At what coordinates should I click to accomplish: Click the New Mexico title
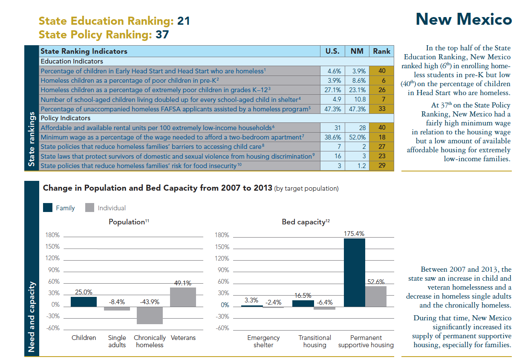click(463, 20)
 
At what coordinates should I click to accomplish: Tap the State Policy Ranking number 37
click(162, 35)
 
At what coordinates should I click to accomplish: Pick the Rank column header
click(381, 51)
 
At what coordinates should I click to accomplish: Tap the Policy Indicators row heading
click(65, 118)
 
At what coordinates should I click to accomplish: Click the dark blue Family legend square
click(48, 208)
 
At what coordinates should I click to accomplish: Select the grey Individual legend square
click(89, 208)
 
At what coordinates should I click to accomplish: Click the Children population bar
click(84, 302)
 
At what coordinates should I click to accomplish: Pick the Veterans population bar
click(183, 297)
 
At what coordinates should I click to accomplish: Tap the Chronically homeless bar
click(150, 315)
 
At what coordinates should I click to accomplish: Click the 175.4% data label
click(354, 234)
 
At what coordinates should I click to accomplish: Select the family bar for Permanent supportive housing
click(354, 272)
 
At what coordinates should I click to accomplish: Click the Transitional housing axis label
click(314, 341)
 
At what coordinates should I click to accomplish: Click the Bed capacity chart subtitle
click(306, 222)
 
